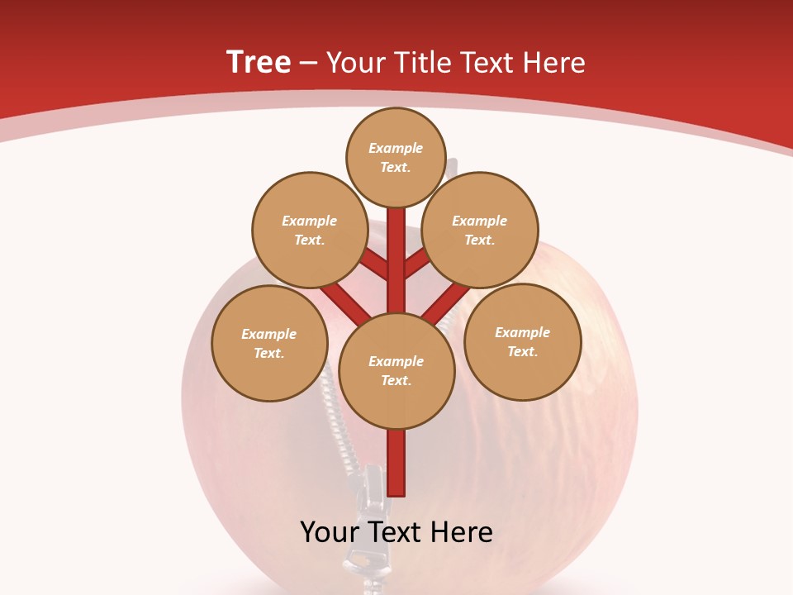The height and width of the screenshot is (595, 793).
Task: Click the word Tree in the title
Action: click(x=259, y=62)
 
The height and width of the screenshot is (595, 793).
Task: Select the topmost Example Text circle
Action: click(x=396, y=157)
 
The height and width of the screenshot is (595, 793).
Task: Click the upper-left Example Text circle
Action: click(x=309, y=230)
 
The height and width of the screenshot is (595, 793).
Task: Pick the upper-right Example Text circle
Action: click(x=480, y=230)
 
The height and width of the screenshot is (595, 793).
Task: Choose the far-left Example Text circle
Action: click(x=269, y=343)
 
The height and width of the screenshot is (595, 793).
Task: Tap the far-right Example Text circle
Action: click(x=523, y=341)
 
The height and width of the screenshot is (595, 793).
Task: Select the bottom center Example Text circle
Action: click(x=396, y=370)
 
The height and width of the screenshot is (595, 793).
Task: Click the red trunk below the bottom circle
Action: click(x=396, y=463)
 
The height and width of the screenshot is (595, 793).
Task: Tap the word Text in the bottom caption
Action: click(x=396, y=532)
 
